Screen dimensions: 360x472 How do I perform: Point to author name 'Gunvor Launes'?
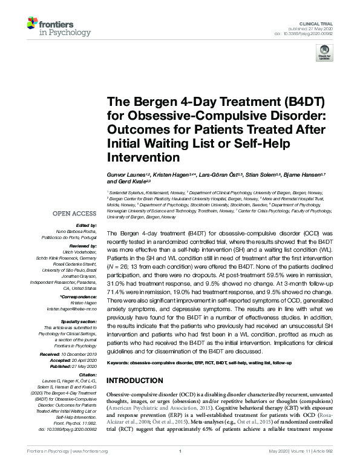click(125, 174)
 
